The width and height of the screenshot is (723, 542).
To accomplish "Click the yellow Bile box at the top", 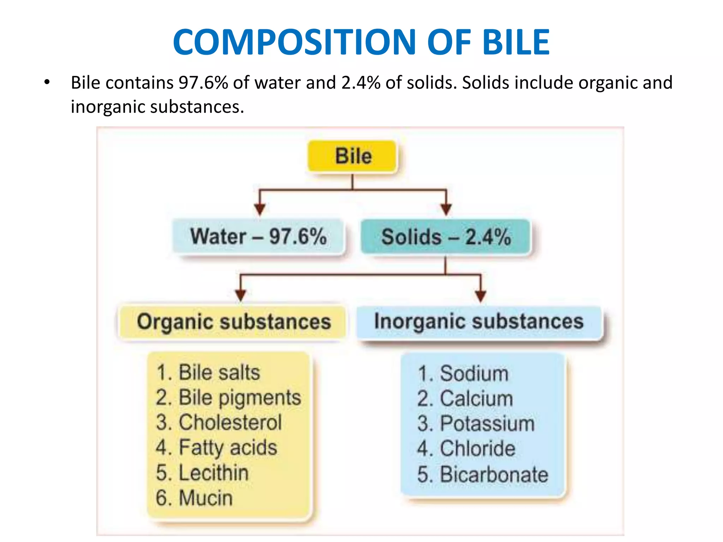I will pos(353,156).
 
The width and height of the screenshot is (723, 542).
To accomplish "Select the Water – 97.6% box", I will pos(258,236).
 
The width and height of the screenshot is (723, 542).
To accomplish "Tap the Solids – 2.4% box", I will pos(446,236).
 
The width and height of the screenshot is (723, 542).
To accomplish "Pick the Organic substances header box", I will pos(233,322).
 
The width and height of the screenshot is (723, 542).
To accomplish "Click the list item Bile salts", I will pos(208,373).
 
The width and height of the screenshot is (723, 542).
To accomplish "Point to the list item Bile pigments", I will pos(228,398).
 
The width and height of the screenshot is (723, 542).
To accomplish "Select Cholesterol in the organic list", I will pos(219,422).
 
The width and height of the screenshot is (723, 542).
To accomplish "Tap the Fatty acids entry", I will pos(216,447).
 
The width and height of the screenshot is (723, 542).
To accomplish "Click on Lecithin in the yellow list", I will pos(202,473).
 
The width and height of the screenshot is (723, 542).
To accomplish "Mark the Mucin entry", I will pos(194,498).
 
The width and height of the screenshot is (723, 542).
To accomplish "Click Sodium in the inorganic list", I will pos(463,373).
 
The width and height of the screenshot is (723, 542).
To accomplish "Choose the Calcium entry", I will pos(465,398).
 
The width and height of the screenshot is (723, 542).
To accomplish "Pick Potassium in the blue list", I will pos(476,423).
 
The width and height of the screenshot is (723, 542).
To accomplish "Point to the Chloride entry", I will pos(466,448).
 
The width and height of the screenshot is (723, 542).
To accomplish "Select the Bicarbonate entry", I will pos(483,474).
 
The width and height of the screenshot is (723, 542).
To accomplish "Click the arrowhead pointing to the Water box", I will pos(260,209).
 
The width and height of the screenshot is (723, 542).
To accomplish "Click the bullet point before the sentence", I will pos(47,83).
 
